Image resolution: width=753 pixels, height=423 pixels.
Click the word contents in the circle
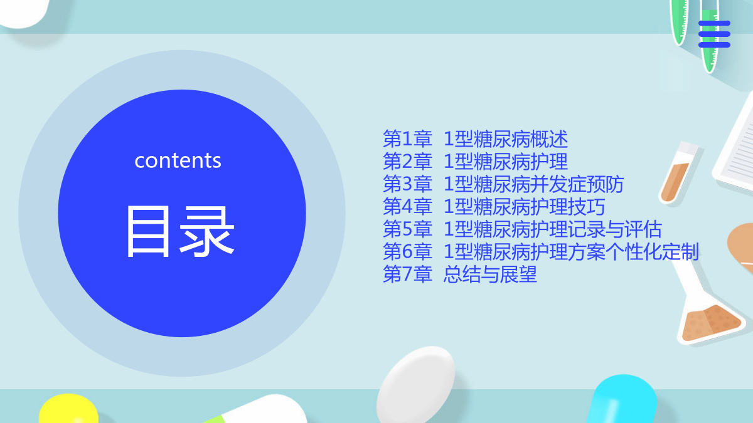click(x=178, y=160)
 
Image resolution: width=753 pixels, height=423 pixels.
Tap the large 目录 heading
click(x=180, y=232)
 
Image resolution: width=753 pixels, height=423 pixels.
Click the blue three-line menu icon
click(x=714, y=34)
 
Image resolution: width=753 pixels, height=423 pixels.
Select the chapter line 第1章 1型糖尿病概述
click(x=476, y=139)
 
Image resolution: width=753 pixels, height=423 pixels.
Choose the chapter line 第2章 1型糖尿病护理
click(x=476, y=162)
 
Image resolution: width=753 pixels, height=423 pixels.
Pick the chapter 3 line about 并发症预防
click(x=503, y=184)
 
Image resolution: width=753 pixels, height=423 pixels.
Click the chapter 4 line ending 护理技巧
click(x=494, y=206)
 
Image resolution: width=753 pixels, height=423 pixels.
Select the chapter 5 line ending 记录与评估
click(x=522, y=229)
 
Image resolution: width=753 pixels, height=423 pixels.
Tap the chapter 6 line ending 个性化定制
click(x=541, y=251)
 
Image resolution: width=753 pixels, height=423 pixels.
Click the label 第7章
click(x=407, y=274)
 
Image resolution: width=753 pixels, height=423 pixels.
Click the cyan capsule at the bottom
click(x=623, y=400)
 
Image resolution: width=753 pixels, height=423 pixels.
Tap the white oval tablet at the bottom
click(x=415, y=385)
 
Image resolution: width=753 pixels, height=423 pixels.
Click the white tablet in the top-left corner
click(x=24, y=13)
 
